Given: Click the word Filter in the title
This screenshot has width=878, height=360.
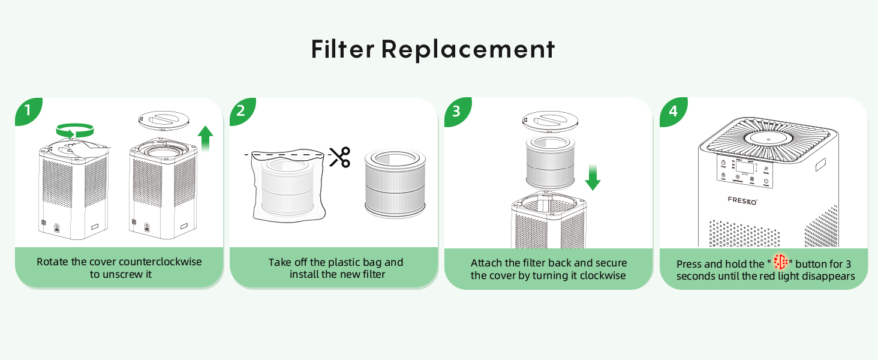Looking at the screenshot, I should (x=342, y=49).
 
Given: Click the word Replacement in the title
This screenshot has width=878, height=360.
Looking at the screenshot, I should (x=468, y=49).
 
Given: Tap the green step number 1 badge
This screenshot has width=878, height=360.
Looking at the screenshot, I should (x=28, y=111).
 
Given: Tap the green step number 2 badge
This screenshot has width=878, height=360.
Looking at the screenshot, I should (x=242, y=111).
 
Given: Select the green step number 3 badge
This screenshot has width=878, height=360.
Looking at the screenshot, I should (x=456, y=111).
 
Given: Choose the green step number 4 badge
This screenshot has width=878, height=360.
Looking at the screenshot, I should (x=672, y=111).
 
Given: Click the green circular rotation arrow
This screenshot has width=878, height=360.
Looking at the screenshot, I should (x=75, y=130).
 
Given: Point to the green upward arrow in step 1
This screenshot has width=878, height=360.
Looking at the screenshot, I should (x=205, y=138).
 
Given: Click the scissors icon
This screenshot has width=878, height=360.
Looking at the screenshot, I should (x=339, y=157).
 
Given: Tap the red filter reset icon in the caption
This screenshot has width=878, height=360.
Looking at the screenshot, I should (x=780, y=262).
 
